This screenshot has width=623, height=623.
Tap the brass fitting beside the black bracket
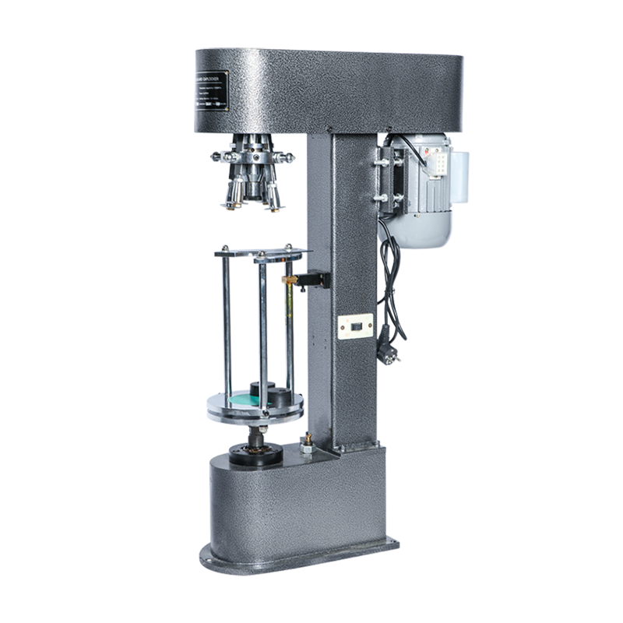[290, 276]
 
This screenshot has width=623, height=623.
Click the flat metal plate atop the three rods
[261, 252]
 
